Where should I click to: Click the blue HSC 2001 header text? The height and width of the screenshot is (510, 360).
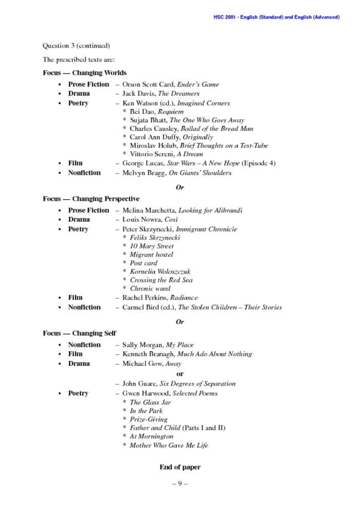pyautogui.click(x=276, y=17)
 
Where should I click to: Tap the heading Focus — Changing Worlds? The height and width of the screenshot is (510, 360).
pyautogui.click(x=84, y=73)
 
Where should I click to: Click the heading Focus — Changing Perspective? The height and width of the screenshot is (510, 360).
pyautogui.click(x=91, y=199)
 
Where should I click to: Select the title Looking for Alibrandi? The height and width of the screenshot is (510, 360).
pyautogui.click(x=210, y=210)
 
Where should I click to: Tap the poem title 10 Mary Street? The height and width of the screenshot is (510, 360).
pyautogui.click(x=152, y=246)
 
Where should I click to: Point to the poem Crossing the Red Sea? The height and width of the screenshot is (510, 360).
pyautogui.click(x=161, y=280)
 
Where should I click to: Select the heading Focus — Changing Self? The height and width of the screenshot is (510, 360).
pyautogui.click(x=79, y=333)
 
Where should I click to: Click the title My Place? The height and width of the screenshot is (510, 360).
pyautogui.click(x=179, y=345)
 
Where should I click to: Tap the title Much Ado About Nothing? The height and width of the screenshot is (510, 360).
pyautogui.click(x=214, y=354)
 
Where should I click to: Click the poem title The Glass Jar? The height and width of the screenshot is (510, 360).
pyautogui.click(x=150, y=402)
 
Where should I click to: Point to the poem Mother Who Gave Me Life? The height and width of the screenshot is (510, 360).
pyautogui.click(x=169, y=445)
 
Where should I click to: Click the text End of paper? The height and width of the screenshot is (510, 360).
pyautogui.click(x=179, y=467)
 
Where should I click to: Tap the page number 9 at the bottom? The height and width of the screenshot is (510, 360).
pyautogui.click(x=179, y=484)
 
